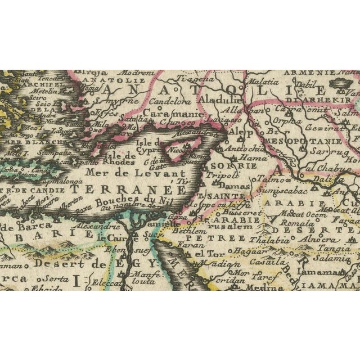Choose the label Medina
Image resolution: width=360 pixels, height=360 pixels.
(x=265, y=287)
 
